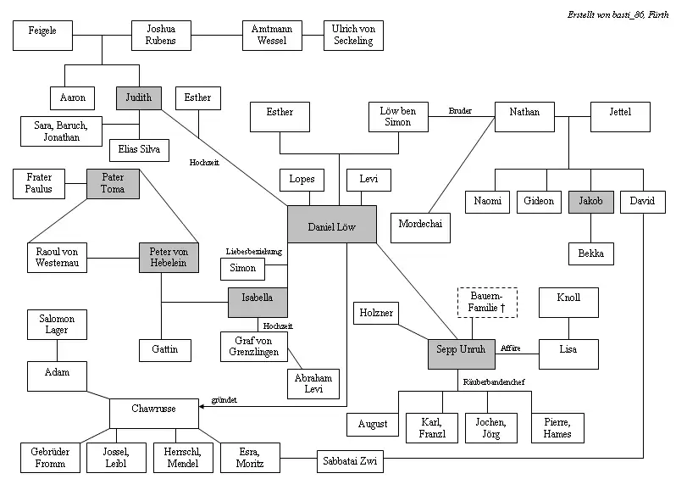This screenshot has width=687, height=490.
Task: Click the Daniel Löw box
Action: tap(331, 228)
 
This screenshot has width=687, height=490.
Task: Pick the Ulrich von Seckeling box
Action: tap(352, 36)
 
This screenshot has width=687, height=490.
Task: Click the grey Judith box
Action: tap(139, 97)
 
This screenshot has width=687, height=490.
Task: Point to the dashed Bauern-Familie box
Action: tap(486, 303)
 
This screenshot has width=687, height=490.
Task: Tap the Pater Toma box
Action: tap(114, 183)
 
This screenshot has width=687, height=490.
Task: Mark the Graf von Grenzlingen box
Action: tap(255, 346)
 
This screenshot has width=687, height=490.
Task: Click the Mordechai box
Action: tap(421, 227)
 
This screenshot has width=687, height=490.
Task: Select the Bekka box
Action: tap(590, 253)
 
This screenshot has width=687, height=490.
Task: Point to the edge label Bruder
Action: tap(460, 111)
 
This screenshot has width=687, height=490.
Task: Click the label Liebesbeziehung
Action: tap(253, 252)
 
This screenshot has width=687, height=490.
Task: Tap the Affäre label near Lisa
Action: tap(510, 348)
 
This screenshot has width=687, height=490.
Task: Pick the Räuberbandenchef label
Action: tap(494, 382)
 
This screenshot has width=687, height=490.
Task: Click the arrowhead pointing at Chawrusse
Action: tap(201, 407)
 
